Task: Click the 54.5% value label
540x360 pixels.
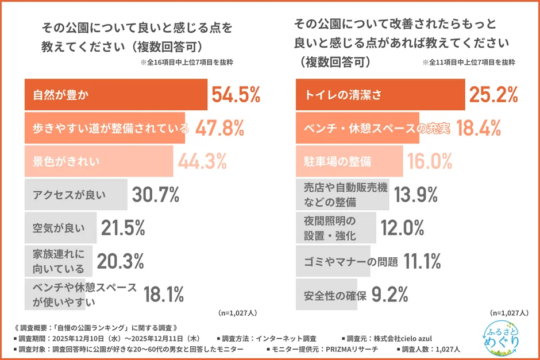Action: tap(236, 95)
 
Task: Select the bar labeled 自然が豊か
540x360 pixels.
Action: tap(115, 95)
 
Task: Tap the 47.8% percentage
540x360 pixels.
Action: tap(220, 127)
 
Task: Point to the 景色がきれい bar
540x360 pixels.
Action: tap(98, 161)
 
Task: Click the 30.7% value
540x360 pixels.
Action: tap(156, 195)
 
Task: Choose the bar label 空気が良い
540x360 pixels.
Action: tap(58, 229)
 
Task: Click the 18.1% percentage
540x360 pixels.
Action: tap(163, 294)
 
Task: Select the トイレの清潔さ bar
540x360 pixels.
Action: tap(380, 95)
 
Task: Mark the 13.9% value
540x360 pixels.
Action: tap(417, 195)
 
